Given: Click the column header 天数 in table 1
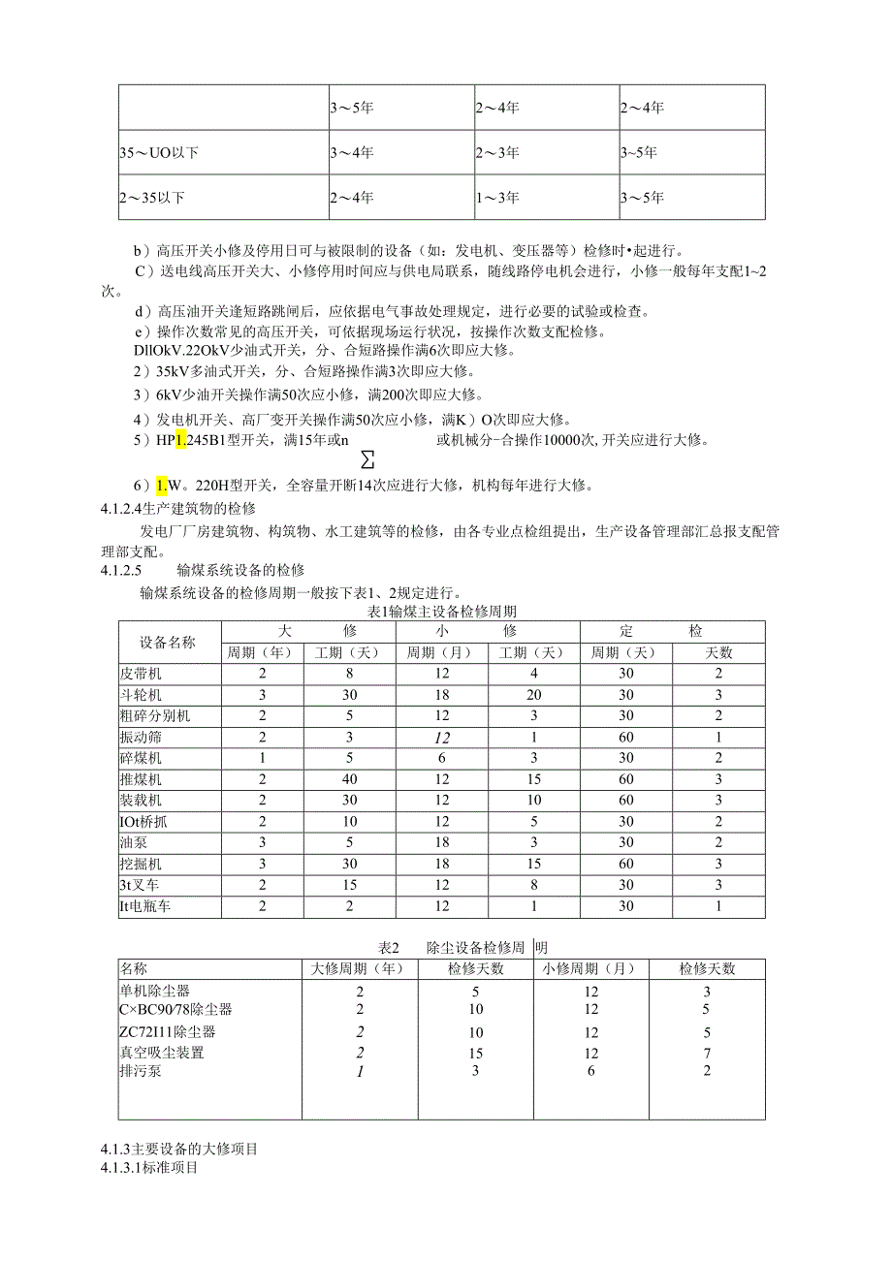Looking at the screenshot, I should (718, 652).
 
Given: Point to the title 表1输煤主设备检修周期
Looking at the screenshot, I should (442, 612).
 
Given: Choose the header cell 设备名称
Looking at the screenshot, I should (167, 642).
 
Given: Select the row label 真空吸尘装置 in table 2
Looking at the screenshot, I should (162, 1052).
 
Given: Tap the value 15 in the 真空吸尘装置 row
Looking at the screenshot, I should (476, 1052).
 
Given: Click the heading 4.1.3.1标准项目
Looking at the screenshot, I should (148, 1168).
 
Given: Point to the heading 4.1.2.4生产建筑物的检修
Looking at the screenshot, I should (177, 510).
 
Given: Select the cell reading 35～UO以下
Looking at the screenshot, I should (159, 152).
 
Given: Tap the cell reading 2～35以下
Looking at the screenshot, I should (152, 198).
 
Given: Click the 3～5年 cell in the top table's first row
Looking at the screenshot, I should (351, 108).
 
